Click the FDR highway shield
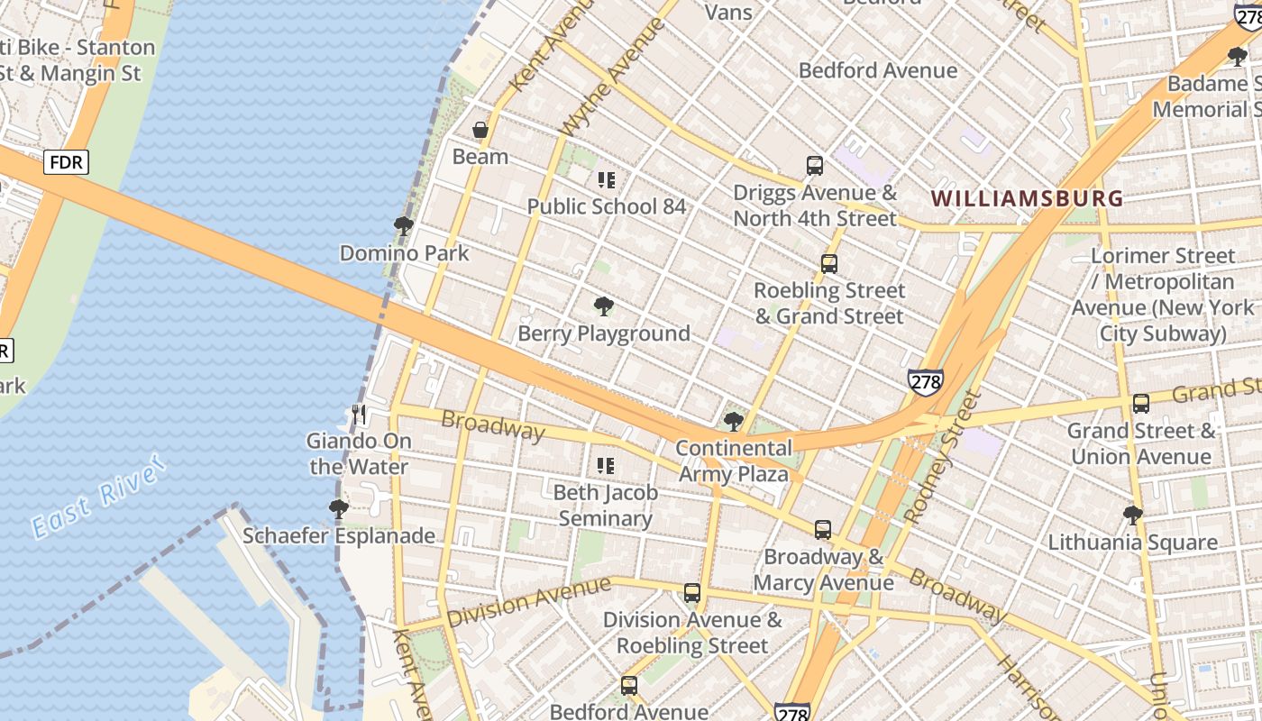coord(67,162)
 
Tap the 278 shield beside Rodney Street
coord(926,381)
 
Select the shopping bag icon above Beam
coord(480,130)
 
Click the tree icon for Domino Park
coord(404,226)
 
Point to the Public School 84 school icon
coord(606,180)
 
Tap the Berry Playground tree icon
coord(604,307)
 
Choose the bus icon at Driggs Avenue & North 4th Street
coord(815,166)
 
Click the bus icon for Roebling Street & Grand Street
coord(829,264)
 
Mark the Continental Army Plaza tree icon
coord(734,422)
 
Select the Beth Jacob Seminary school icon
coord(606,466)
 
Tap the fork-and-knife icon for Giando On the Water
coord(359,415)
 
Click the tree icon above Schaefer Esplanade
coord(339,509)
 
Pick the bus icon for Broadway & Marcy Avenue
coord(823,530)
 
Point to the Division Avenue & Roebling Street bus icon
coord(692,593)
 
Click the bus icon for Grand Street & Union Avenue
coord(1141,404)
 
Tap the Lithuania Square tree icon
coord(1133,516)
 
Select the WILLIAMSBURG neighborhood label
coord(1027,198)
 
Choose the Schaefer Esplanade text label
coord(339,536)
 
